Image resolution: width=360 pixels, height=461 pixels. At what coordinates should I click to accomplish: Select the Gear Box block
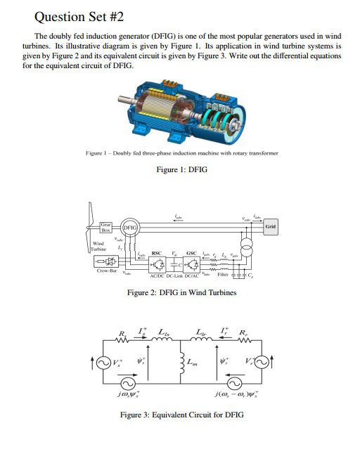coord(105,226)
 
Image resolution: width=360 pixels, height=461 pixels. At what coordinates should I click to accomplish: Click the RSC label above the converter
coord(157,252)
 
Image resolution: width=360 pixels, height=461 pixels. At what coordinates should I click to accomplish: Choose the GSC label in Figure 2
coord(191,252)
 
